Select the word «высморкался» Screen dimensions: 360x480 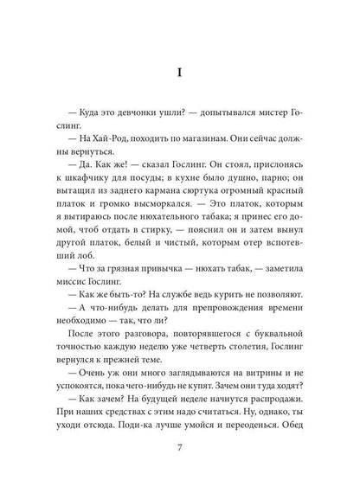point(138,235)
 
